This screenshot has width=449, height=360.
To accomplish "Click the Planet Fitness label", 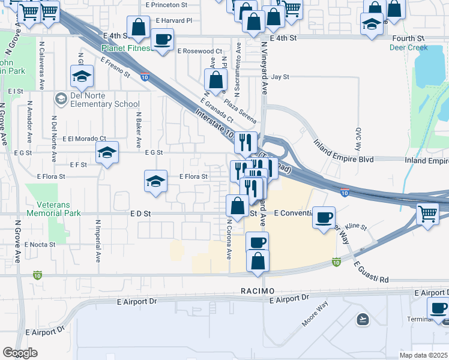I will point(126,48).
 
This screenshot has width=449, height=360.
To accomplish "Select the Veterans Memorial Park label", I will point(53,208).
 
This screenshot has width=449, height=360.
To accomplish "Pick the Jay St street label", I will point(280,77).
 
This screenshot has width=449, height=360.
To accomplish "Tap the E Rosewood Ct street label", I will point(201,52).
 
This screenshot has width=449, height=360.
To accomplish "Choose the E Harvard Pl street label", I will point(173,20).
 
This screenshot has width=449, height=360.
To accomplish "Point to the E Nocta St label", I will point(40,244).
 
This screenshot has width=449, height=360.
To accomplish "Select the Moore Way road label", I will point(315,314).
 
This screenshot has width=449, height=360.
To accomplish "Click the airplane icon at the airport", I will point(363,319).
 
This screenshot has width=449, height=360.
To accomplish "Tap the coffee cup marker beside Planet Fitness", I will point(163,40).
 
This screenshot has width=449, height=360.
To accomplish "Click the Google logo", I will point(20,353).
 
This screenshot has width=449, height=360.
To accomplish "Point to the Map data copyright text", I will point(424,355).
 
